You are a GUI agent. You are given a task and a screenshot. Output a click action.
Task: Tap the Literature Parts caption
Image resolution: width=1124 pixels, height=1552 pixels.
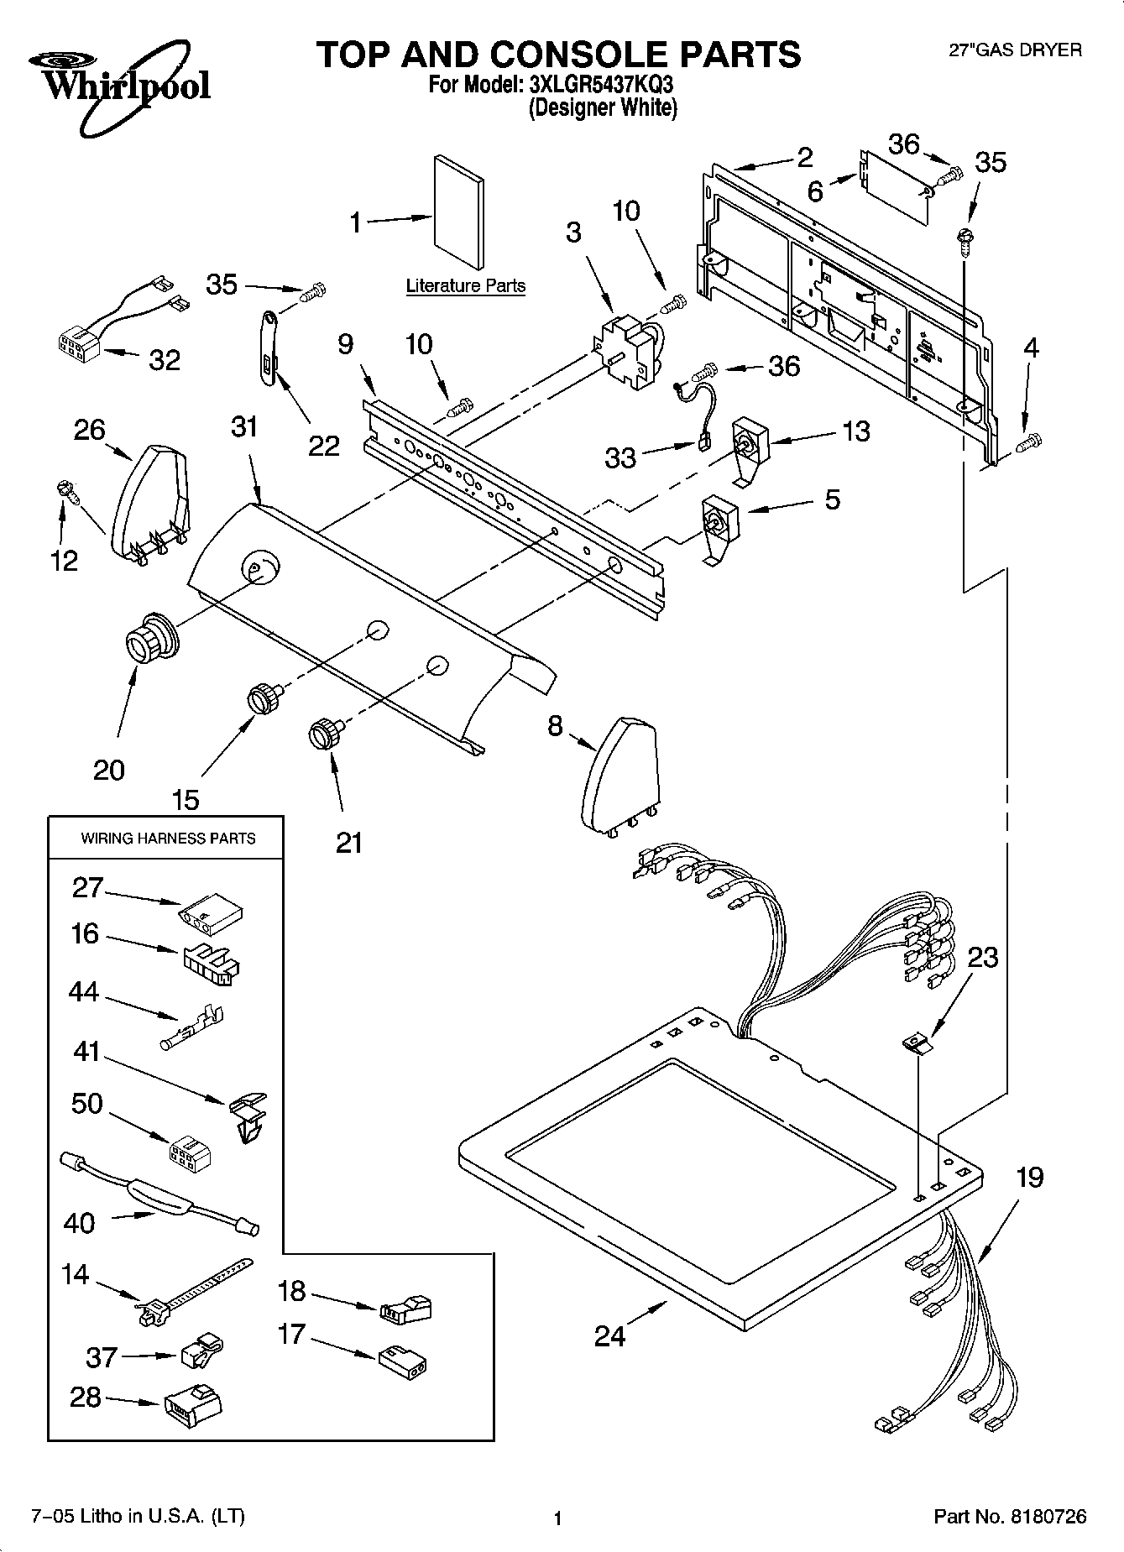[466, 285]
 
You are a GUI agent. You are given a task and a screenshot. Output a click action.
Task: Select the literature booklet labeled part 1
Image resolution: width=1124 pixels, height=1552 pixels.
[458, 212]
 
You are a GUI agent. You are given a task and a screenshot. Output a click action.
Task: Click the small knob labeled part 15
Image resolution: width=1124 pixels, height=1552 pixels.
[264, 698]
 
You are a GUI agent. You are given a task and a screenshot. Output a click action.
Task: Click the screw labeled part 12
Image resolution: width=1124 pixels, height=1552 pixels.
[66, 490]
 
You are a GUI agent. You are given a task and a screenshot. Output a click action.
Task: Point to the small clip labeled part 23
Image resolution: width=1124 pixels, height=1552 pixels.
[917, 1044]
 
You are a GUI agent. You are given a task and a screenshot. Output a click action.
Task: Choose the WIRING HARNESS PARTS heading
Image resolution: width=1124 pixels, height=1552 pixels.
[168, 838]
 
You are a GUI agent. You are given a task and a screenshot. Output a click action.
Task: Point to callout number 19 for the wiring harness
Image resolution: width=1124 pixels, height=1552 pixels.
[1029, 1177]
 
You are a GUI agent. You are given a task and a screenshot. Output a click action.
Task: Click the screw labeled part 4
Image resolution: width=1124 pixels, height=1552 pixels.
[1030, 439]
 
